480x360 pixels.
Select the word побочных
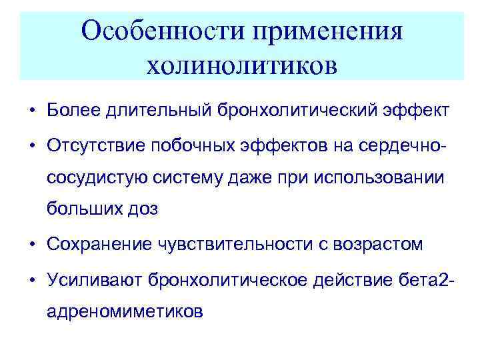pyautogui.click(x=193, y=145)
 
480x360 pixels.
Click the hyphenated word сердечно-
pyautogui.click(x=397, y=145)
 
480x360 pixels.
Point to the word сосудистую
pyautogui.click(x=94, y=177)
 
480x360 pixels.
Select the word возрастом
pyautogui.click(x=381, y=245)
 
